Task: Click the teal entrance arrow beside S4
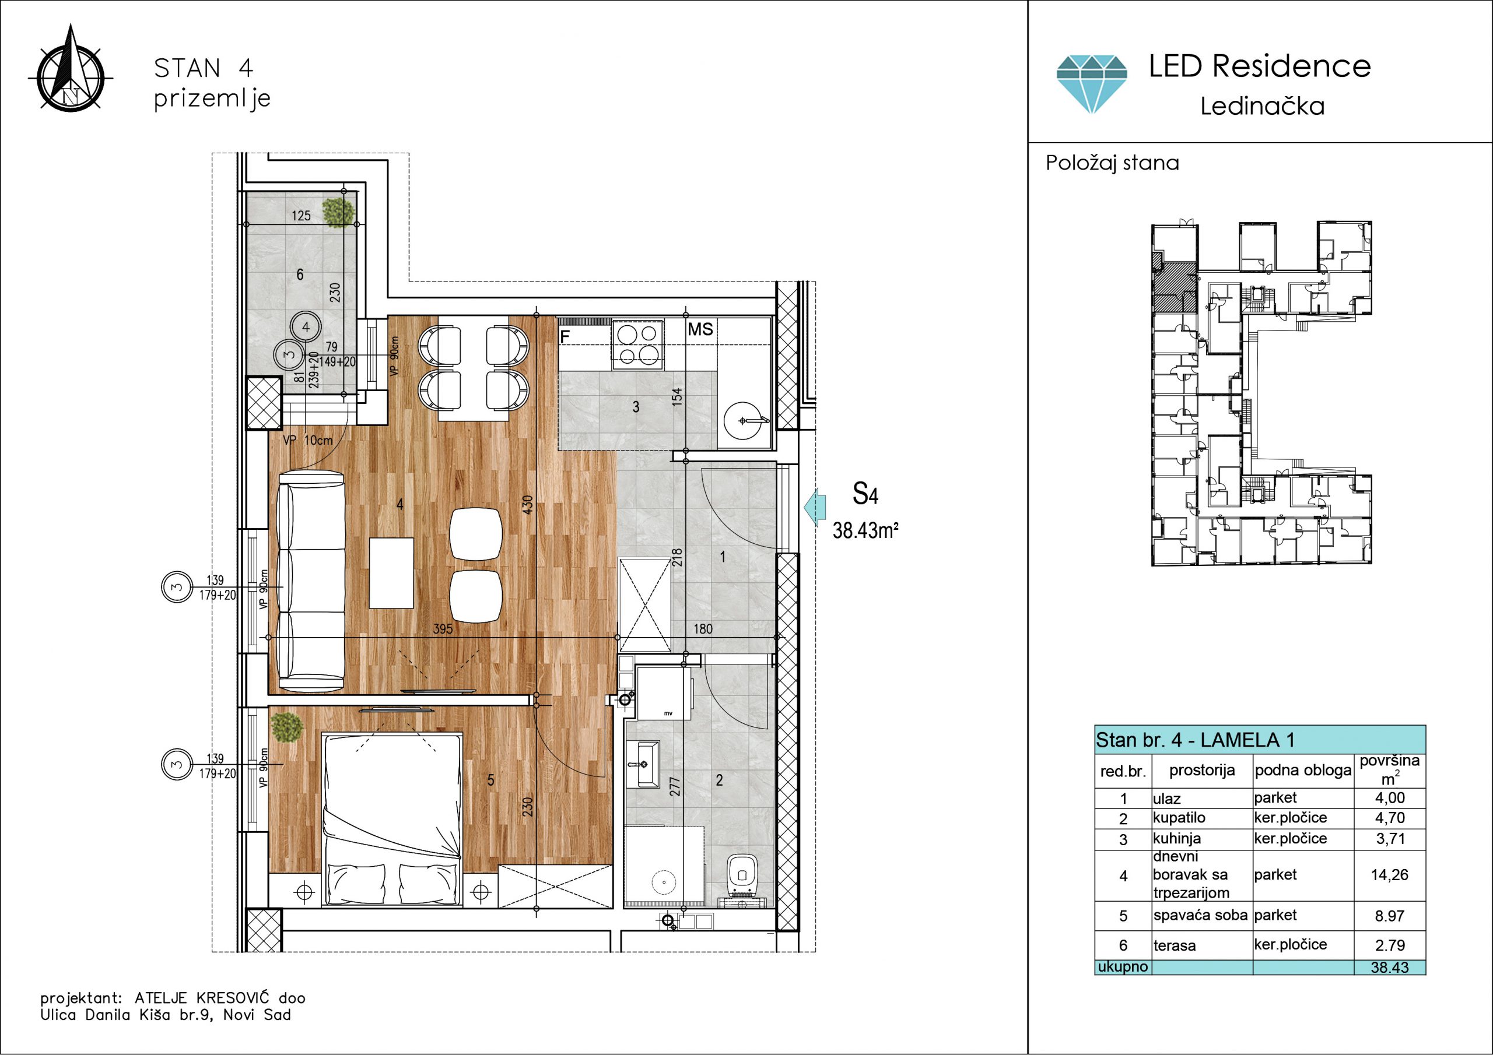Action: point(815,507)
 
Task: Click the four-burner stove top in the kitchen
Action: point(637,344)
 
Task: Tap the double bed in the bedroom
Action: point(392,819)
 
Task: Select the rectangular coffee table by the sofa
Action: point(391,573)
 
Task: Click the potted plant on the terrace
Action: point(339,212)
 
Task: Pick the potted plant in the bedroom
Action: point(286,727)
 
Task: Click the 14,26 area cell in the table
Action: point(1390,875)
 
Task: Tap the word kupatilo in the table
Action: point(1179,818)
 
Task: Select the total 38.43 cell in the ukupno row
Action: point(1390,967)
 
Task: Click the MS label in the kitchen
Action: point(700,329)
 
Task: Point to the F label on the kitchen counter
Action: point(565,336)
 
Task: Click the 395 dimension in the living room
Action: point(443,628)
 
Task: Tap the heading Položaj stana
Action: point(1112,163)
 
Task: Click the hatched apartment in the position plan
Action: point(1175,288)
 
